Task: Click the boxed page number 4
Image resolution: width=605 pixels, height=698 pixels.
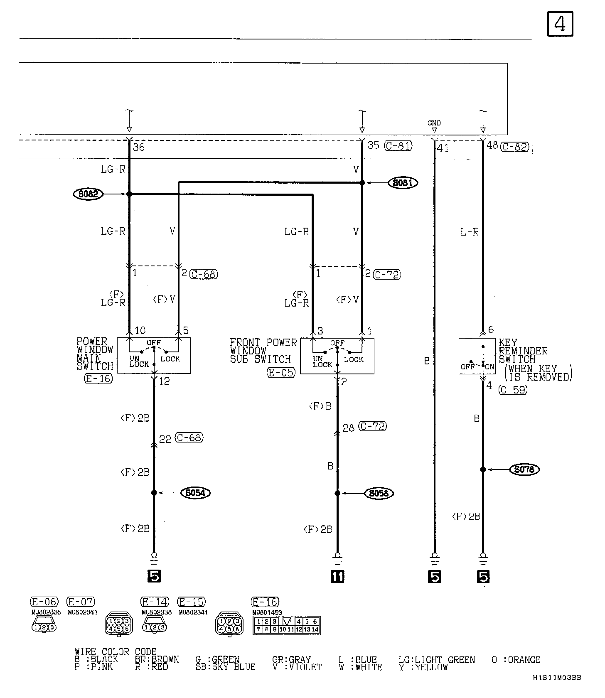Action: tap(559, 24)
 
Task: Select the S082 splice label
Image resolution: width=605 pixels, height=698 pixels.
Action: tap(88, 194)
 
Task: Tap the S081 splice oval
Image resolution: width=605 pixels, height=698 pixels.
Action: tap(402, 182)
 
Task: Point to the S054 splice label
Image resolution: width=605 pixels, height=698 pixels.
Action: tap(196, 493)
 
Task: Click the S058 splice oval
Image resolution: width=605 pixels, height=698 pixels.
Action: tap(379, 493)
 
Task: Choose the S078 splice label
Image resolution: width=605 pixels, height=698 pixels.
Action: tap(524, 469)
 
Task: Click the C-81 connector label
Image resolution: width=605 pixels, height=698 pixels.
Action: tap(398, 146)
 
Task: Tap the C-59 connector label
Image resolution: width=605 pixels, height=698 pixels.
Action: tap(513, 390)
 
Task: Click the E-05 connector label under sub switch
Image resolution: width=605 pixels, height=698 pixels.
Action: tap(281, 372)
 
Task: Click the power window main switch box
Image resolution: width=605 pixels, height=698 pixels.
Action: tap(154, 356)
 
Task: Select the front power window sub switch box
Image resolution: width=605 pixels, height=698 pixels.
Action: tap(337, 356)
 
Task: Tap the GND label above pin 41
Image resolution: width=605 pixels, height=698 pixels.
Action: tap(434, 123)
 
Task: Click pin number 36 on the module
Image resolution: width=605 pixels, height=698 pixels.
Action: tap(139, 147)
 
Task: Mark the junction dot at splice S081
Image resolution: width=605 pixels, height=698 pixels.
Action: tap(362, 182)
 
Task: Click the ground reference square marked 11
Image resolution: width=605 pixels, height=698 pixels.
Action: tap(337, 576)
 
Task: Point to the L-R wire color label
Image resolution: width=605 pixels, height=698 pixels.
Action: tap(470, 232)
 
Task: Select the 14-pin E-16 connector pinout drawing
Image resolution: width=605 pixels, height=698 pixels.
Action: tap(287, 625)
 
